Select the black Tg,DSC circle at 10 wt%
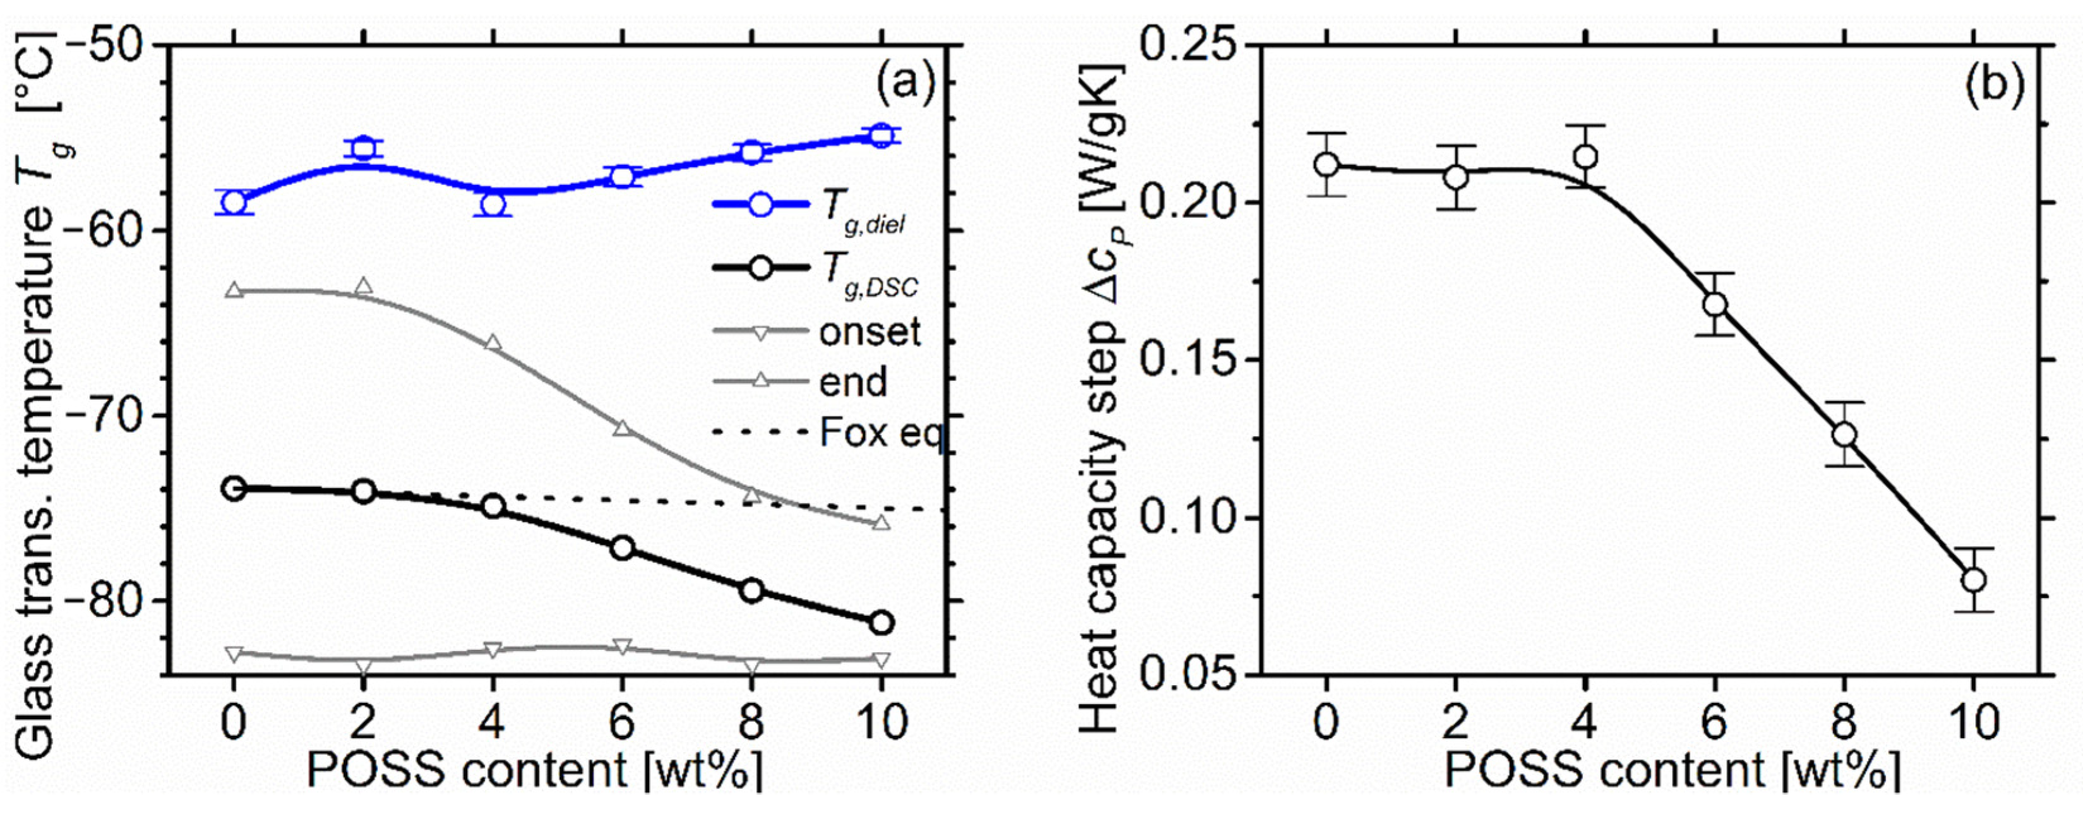[x=881, y=623]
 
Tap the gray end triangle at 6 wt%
[x=622, y=428]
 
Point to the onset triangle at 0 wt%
[x=234, y=653]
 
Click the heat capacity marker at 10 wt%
[x=1973, y=580]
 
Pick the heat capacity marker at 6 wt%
[x=1714, y=304]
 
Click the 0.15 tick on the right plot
[x=1184, y=360]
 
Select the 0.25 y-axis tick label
[x=1184, y=44]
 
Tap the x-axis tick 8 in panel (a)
[x=751, y=722]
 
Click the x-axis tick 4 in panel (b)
[x=1585, y=722]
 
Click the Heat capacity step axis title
[x=1100, y=404]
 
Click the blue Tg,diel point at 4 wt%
[x=492, y=205]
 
